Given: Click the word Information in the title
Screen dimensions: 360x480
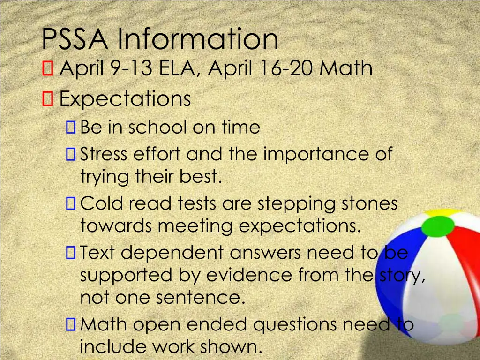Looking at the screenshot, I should pyautogui.click(x=198, y=39).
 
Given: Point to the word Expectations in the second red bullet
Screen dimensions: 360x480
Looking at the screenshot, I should pyautogui.click(x=126, y=99).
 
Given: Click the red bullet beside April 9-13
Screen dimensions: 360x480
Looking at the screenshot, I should pyautogui.click(x=47, y=69).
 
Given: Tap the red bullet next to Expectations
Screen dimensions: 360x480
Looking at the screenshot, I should pyautogui.click(x=47, y=98).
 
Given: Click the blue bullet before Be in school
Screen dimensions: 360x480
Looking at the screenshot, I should pyautogui.click(x=71, y=127).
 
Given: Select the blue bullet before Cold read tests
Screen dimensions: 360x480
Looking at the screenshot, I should pyautogui.click(x=71, y=203).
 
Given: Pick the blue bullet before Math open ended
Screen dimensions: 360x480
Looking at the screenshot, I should pyautogui.click(x=71, y=324).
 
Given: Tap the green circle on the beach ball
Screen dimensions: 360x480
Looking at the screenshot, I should pyautogui.click(x=438, y=226).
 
